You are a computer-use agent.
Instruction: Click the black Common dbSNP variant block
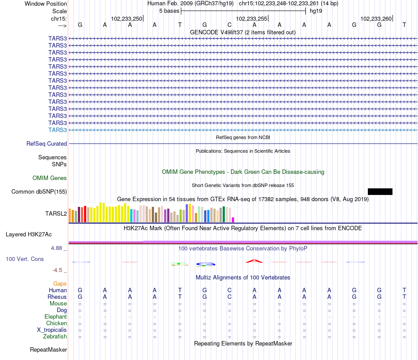380,191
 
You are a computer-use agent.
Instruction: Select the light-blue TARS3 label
58,130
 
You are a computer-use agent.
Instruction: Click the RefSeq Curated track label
47,143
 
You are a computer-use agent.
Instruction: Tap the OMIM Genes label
50,178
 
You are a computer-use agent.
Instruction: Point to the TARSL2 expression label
56,213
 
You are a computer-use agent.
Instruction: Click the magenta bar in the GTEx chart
233,220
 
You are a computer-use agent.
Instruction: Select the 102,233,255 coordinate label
251,18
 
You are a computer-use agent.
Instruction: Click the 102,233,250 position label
127,18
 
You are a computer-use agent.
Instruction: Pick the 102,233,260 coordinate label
376,18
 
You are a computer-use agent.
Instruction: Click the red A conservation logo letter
254,261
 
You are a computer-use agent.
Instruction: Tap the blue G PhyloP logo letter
205,264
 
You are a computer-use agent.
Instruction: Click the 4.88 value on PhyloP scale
56,248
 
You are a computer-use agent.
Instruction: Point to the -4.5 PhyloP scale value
57,270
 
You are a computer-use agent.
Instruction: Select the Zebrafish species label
55,336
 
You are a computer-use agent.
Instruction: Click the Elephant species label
55,316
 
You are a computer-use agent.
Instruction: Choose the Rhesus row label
57,297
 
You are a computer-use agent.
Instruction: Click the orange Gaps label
60,283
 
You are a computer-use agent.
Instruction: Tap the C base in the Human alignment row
230,290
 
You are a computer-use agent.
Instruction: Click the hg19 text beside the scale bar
316,11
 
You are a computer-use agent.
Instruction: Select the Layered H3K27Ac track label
29,235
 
